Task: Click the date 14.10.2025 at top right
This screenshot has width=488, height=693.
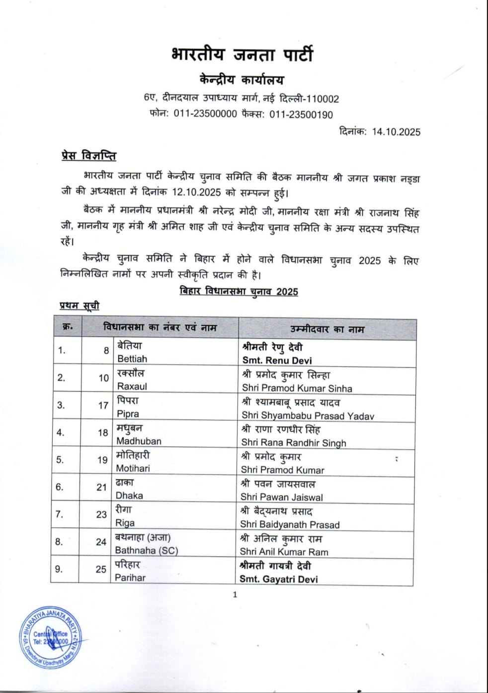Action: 396,132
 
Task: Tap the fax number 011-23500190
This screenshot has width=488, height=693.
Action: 301,114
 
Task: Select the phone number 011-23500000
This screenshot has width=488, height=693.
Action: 205,114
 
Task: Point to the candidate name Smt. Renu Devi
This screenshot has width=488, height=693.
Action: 277,360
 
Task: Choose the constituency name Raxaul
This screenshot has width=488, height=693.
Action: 132,386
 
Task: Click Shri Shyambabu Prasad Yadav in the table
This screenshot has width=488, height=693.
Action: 308,415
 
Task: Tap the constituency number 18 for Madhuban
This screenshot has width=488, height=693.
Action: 103,432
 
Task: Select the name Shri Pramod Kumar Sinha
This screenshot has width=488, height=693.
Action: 297,388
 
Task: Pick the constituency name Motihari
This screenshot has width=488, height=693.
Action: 133,468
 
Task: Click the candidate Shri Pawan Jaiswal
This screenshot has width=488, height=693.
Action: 281,497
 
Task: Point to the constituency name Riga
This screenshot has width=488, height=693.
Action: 125,523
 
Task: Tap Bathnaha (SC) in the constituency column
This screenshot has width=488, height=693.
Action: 146,550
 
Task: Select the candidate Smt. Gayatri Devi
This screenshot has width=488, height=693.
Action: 278,579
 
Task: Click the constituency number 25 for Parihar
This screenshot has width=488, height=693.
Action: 101,569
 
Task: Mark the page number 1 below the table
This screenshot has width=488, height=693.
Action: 235,594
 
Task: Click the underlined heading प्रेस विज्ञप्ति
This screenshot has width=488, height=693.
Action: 88,156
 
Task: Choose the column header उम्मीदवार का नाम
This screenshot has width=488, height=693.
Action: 327,329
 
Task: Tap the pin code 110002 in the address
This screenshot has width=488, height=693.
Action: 323,99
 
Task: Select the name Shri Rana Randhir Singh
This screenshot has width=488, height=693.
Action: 293,442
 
